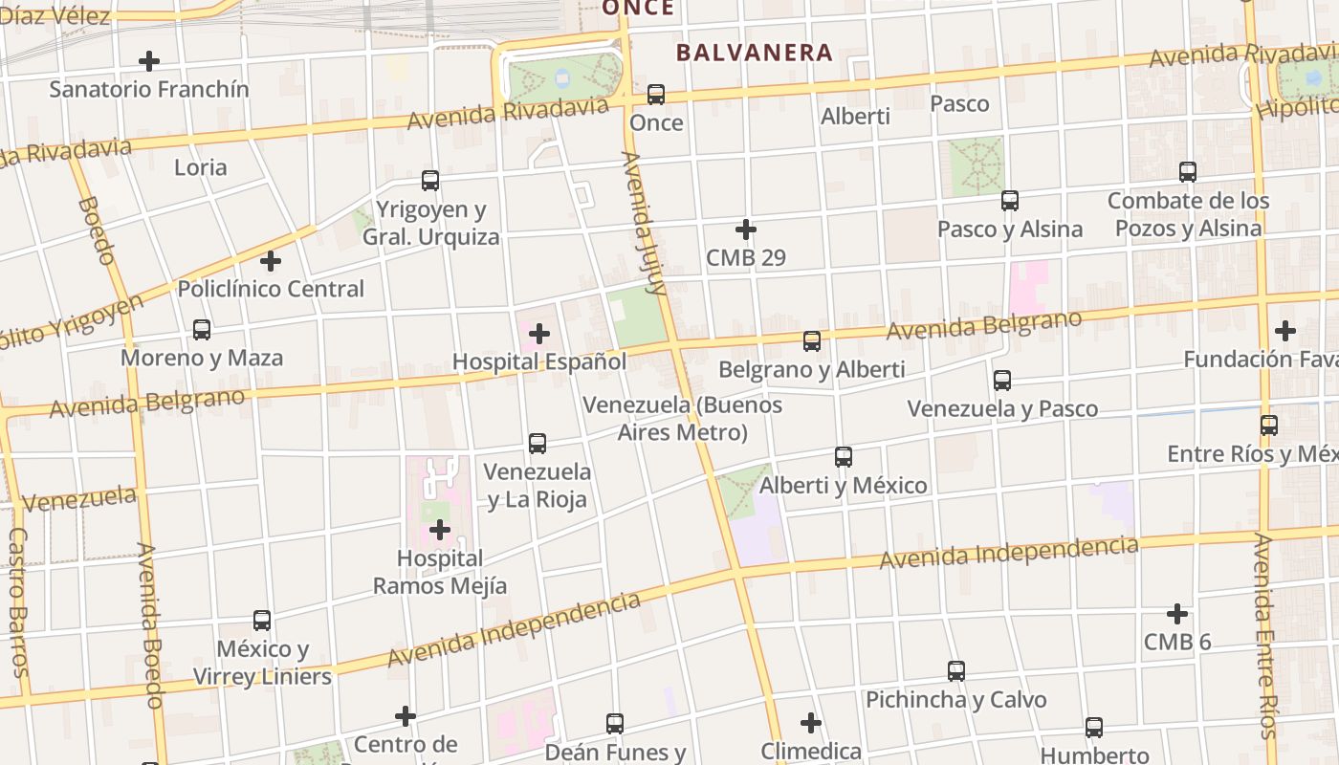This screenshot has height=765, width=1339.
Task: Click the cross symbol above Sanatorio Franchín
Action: [x=149, y=61]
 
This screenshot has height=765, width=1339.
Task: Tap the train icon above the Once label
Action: [x=656, y=95]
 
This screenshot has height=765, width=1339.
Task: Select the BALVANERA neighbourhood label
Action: [x=755, y=53]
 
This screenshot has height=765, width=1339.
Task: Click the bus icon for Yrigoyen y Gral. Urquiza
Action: [x=430, y=181]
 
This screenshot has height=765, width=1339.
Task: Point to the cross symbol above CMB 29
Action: [x=746, y=229]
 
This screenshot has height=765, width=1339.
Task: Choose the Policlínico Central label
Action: [x=271, y=289]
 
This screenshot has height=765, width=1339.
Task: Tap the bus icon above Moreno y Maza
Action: [x=202, y=330]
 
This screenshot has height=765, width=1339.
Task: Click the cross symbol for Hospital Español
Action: [x=539, y=334]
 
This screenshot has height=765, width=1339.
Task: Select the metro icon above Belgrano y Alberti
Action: [x=812, y=341]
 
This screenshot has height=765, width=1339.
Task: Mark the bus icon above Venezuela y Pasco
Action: [x=1002, y=381]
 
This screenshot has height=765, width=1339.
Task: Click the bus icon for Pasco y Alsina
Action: [x=1010, y=201]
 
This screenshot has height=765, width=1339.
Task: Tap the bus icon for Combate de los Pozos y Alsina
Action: [x=1188, y=172]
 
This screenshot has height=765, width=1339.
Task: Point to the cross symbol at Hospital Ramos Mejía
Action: [x=440, y=529]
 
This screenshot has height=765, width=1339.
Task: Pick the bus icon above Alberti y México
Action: [x=844, y=457]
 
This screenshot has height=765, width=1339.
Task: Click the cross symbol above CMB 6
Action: [x=1177, y=614]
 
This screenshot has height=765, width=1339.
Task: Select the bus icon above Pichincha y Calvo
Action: [x=956, y=671]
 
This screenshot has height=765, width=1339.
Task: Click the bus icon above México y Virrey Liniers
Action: [x=262, y=621]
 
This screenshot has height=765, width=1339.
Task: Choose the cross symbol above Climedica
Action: [x=811, y=723]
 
